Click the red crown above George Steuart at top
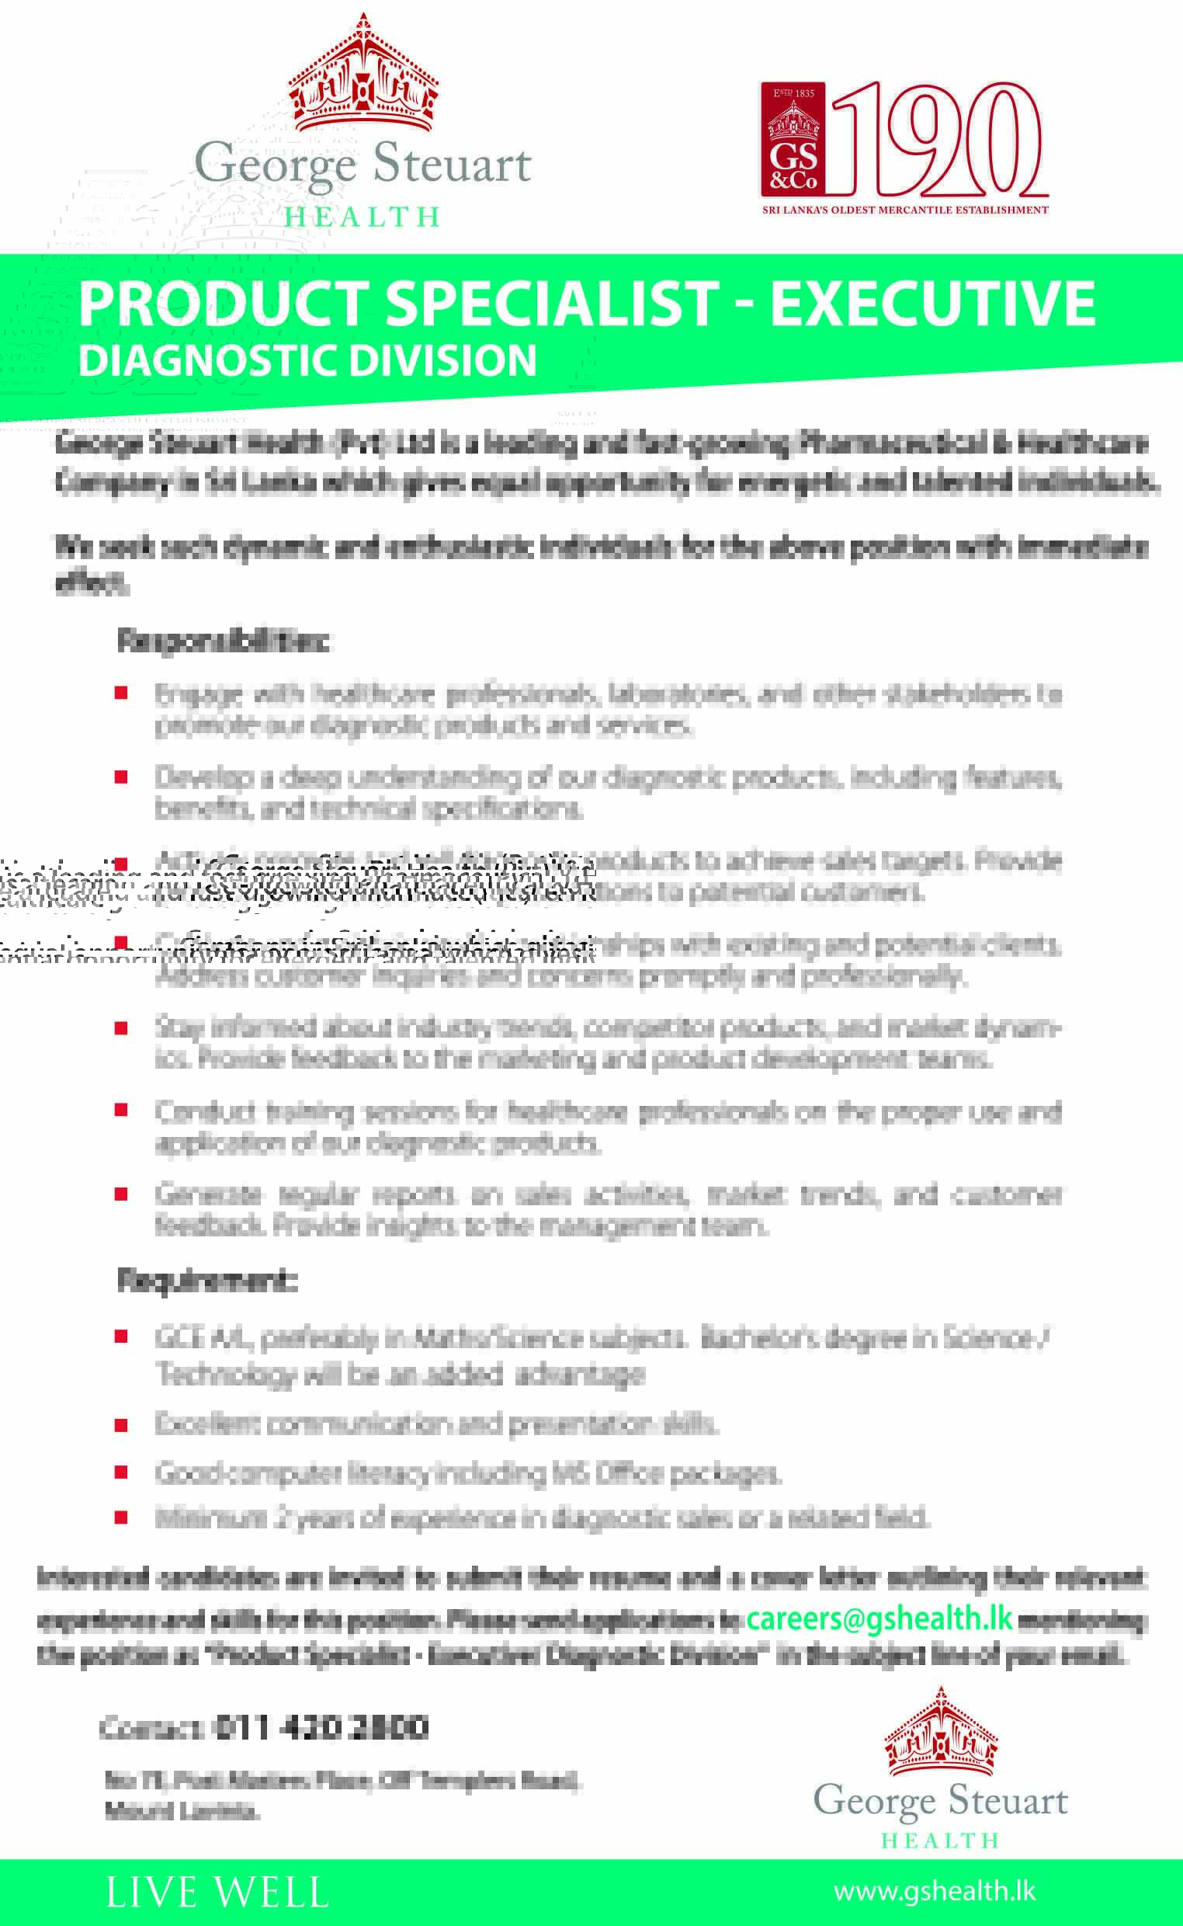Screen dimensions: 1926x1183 [363, 75]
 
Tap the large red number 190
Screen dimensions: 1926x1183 [939, 139]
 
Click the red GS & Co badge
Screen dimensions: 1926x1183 [793, 140]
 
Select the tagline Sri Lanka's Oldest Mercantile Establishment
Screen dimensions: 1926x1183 [905, 210]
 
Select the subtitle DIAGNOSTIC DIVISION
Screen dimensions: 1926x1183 [307, 361]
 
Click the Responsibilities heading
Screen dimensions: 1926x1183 [223, 641]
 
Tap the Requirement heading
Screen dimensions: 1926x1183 [207, 1281]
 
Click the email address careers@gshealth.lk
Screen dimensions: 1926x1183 [879, 1618]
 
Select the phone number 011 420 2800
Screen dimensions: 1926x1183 [321, 1728]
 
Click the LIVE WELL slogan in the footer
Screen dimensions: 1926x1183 [217, 1893]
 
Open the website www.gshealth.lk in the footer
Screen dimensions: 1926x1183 [934, 1891]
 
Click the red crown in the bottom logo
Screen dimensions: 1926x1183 [941, 1733]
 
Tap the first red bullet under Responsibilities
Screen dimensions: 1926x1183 [121, 693]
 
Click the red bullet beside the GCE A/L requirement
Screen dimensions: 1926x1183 [121, 1337]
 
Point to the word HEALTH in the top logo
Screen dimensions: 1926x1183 [363, 217]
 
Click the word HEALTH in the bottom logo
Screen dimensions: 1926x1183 [941, 1840]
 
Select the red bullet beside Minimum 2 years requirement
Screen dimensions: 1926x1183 [121, 1518]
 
